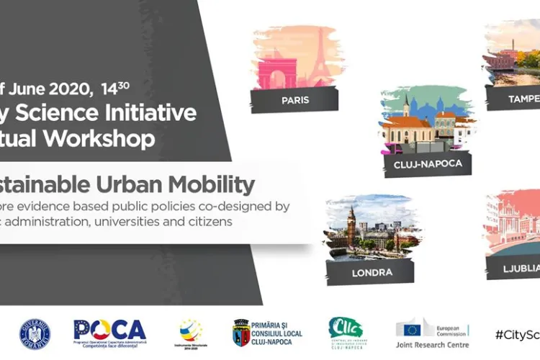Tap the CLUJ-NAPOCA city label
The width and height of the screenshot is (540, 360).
(426, 163)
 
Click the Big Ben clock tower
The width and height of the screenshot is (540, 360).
(351, 228)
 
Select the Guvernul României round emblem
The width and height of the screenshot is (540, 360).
(35, 333)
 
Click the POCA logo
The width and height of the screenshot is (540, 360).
(109, 330)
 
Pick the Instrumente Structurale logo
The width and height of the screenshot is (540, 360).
(191, 333)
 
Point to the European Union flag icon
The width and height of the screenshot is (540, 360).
(412, 330)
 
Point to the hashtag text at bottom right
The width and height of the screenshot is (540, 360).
(517, 334)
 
